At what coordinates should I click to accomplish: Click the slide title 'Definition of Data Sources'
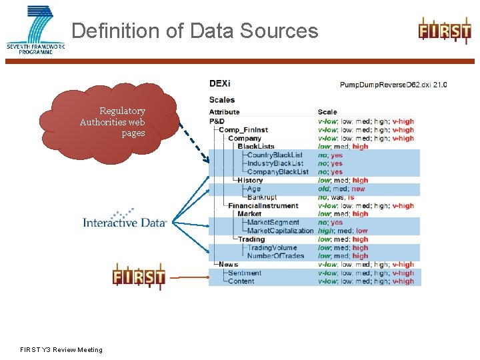195,31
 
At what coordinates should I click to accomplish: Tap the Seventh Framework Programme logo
36,29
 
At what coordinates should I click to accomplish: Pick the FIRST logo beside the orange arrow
139,276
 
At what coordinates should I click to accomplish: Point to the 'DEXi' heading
219,84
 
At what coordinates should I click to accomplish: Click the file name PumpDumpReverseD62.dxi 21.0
393,85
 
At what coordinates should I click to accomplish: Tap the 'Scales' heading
222,100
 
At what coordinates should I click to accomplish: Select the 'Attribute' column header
224,112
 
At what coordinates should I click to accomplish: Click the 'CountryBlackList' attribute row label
275,155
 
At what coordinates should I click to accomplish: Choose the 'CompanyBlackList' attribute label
277,172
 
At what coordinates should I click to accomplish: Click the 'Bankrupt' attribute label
262,197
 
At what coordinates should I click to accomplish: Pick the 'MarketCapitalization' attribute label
280,231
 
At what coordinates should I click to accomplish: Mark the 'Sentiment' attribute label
244,273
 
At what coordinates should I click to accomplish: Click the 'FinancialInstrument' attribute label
263,206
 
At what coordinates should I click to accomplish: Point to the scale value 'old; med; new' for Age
341,189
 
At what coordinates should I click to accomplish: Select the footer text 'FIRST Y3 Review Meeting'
61,349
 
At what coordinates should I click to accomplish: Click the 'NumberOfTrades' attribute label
275,256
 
